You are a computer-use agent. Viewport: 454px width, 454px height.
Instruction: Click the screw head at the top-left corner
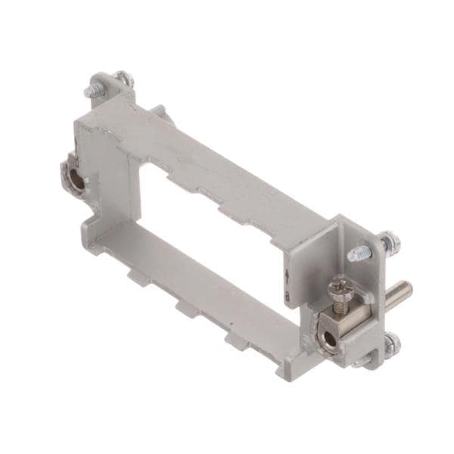coord(123,77)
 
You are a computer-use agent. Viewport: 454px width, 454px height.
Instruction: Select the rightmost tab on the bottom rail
coord(232,340)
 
